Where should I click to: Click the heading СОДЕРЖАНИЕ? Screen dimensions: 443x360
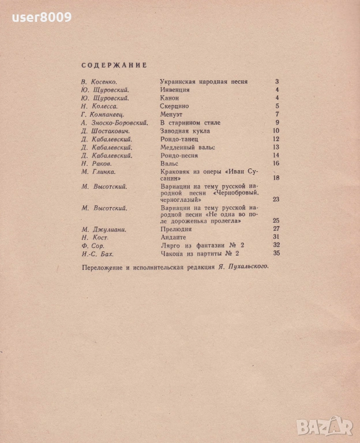coord(114,65)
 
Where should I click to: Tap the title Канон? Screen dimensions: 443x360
coord(169,98)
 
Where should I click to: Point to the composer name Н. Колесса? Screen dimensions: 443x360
coord(100,107)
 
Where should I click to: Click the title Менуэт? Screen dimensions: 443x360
coord(171,115)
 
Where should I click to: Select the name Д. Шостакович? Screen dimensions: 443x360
coord(105,131)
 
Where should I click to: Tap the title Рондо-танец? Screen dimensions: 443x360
coord(179,139)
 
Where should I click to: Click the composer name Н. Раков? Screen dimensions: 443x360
coord(96,164)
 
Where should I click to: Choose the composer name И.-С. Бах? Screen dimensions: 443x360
coord(99,253)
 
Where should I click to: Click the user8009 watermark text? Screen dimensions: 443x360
coord(42,17)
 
